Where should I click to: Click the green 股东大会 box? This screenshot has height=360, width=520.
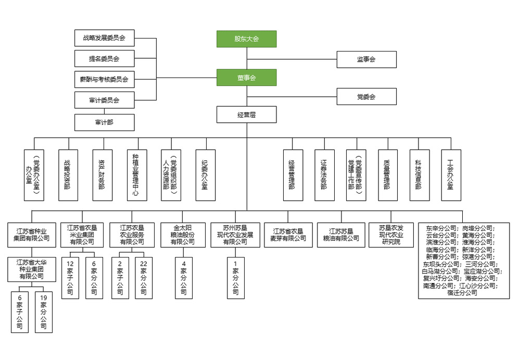click(x=246, y=39)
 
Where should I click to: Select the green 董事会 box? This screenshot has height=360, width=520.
click(x=246, y=78)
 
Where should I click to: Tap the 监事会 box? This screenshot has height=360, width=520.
click(x=366, y=59)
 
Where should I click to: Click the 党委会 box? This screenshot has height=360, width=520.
click(x=366, y=97)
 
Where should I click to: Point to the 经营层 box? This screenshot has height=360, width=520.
click(x=246, y=114)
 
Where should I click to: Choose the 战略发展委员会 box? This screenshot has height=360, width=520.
click(x=104, y=38)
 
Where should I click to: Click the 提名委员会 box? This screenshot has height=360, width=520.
click(x=104, y=59)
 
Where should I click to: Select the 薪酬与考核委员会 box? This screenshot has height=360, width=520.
click(x=104, y=80)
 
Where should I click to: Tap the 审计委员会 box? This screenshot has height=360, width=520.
click(x=104, y=100)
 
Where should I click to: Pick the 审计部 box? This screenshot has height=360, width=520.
click(x=104, y=122)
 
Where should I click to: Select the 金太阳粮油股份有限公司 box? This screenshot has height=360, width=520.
click(x=184, y=235)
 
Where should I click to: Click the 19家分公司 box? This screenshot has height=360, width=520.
click(x=44, y=312)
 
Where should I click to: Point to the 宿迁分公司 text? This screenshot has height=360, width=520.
click(x=463, y=293)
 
